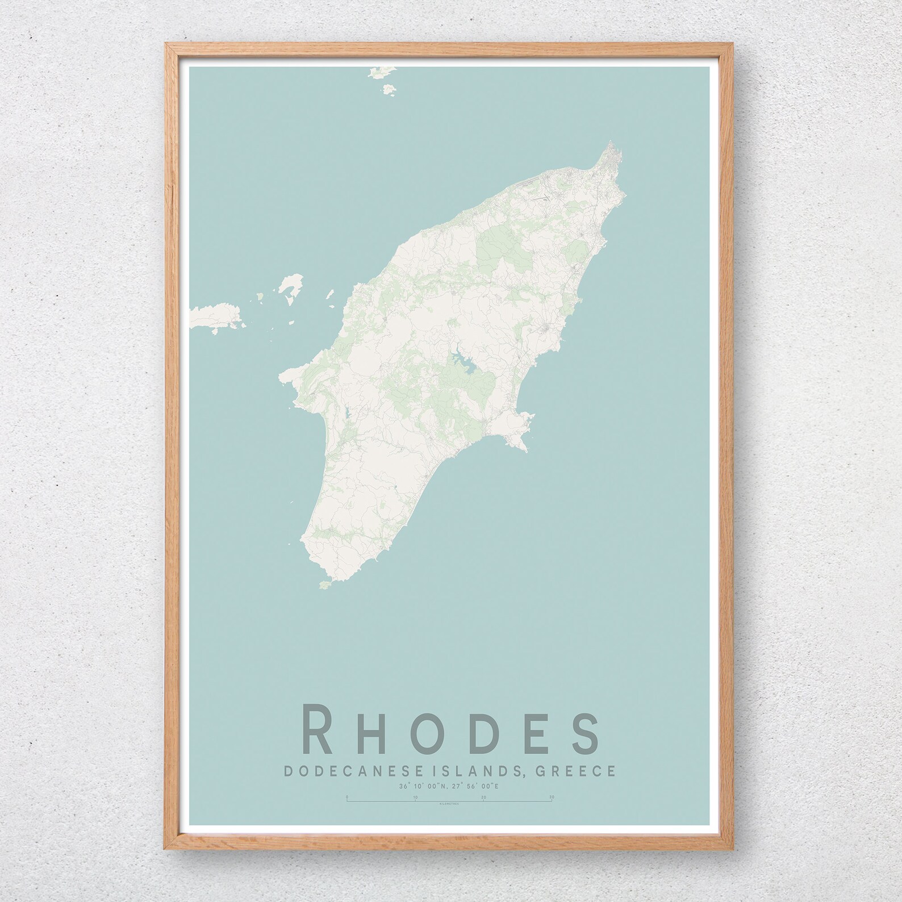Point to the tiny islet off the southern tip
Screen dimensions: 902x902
tap(325, 568)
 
